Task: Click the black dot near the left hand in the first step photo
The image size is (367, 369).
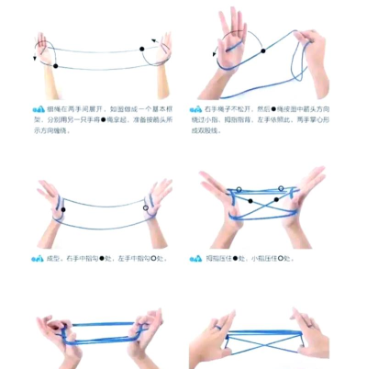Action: pos(56,65)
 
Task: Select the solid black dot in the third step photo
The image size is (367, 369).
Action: pos(63,208)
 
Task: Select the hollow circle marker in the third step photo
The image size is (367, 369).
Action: pos(147,208)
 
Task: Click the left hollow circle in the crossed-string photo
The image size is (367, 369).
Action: pos(239,191)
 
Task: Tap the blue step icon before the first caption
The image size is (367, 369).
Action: pos(38,107)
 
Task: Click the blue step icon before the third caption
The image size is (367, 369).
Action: pos(38,258)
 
